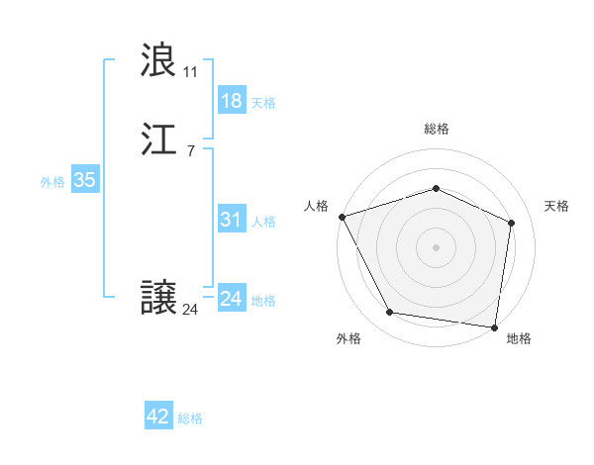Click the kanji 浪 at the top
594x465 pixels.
coord(159,61)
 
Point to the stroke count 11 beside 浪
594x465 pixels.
coord(190,72)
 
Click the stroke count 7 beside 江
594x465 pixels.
coord(190,150)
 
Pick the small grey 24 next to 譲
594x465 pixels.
coord(190,310)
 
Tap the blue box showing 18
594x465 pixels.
coord(231,101)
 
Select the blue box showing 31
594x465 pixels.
coord(231,220)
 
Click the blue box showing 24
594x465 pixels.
coord(231,299)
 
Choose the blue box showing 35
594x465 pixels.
coord(84,180)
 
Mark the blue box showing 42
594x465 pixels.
coord(158,417)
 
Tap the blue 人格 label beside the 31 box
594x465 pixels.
coord(263,222)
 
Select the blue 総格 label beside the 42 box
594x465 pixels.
coord(190,418)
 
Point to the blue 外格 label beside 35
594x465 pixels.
coord(52,182)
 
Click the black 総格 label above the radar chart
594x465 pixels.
coord(436,130)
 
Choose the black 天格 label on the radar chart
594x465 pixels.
coord(557,206)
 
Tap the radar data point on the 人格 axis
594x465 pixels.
coord(342,217)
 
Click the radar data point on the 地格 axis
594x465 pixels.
coord(494,326)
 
